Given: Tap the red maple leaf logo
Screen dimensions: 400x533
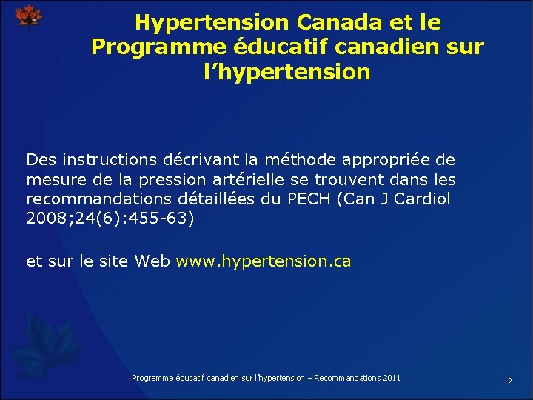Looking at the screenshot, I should point(29,17).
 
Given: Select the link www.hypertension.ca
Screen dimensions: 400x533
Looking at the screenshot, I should point(264,261).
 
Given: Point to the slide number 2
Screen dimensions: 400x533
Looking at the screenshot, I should point(509,381).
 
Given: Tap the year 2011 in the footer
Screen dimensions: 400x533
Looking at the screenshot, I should point(392,378).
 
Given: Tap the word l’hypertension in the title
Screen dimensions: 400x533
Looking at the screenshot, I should point(286,72).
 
